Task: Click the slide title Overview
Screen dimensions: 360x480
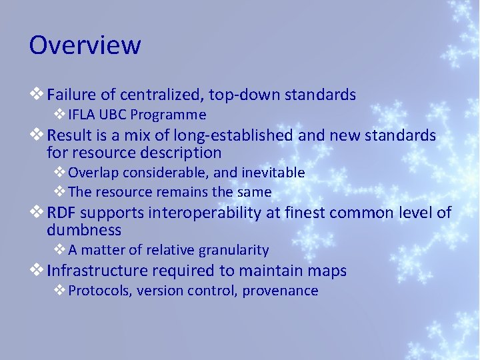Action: [x=85, y=45]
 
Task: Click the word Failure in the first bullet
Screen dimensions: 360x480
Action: [x=71, y=95]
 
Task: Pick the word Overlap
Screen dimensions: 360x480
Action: [x=93, y=173]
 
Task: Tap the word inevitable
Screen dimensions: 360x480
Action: [x=273, y=173]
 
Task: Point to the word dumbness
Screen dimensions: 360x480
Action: [x=84, y=230]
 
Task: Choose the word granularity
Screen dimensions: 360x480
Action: [x=237, y=250]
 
